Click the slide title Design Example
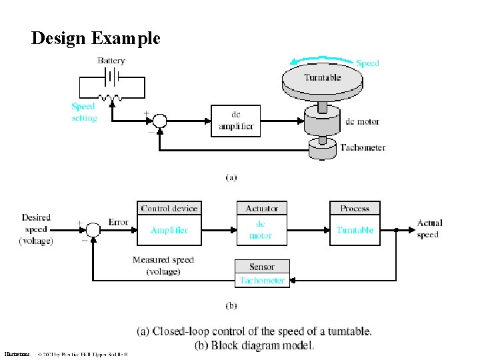[x=95, y=38]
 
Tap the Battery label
[x=111, y=61]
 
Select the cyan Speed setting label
[x=84, y=112]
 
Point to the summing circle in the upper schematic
[x=159, y=121]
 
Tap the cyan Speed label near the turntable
[x=367, y=63]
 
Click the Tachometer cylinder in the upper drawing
[x=323, y=150]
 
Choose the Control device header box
[x=169, y=209]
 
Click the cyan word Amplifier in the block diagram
[x=169, y=231]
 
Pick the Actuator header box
[x=261, y=209]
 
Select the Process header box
[x=355, y=209]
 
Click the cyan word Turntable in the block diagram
[x=355, y=231]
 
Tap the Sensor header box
[x=262, y=267]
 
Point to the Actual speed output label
[x=429, y=229]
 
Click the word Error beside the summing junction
[x=119, y=222]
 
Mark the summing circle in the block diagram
[x=94, y=230]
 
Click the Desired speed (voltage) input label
[x=36, y=229]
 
